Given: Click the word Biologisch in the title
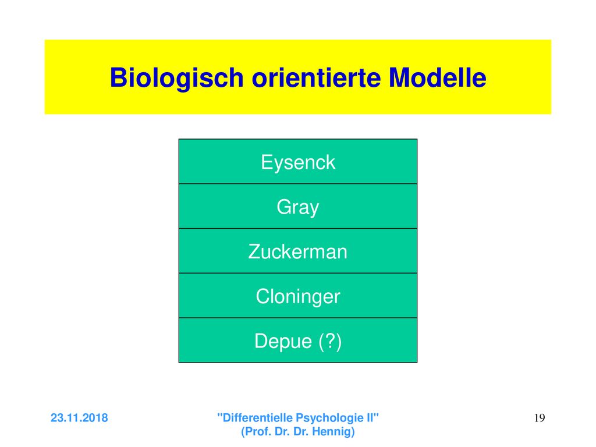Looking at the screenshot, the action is point(176,79).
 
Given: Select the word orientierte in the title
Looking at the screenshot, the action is point(316,77).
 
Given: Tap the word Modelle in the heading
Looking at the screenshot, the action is point(438,77).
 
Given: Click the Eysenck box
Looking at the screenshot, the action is point(298,162).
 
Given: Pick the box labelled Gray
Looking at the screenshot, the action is point(298,206).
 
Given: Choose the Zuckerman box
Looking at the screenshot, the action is point(298,251).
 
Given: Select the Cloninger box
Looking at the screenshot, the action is point(298,295).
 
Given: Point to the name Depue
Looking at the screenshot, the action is point(283,342).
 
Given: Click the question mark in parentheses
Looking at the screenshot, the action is point(331,341).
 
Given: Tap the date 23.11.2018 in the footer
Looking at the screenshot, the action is point(79,418).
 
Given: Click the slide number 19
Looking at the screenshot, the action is point(540,418).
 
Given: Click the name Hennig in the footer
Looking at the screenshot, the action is point(333,432).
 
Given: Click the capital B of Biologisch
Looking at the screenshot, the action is point(118,77).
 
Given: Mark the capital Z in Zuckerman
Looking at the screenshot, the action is point(255,251).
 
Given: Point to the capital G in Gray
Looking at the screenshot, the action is point(284,207).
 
